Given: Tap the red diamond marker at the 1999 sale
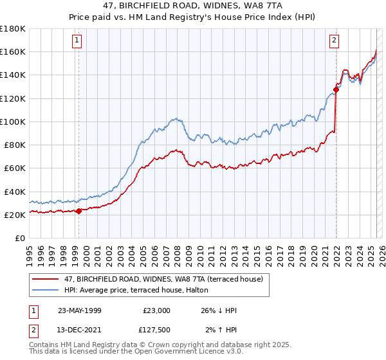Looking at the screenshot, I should pos(78,211).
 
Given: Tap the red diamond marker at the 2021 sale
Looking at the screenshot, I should pos(336,89).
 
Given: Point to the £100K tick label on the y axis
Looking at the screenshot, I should pos(13,122).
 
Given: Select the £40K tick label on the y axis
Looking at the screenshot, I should pos(15,192).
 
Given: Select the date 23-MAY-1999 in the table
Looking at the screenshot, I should pos(80,310).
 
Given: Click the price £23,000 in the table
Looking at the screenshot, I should pos(156,310).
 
